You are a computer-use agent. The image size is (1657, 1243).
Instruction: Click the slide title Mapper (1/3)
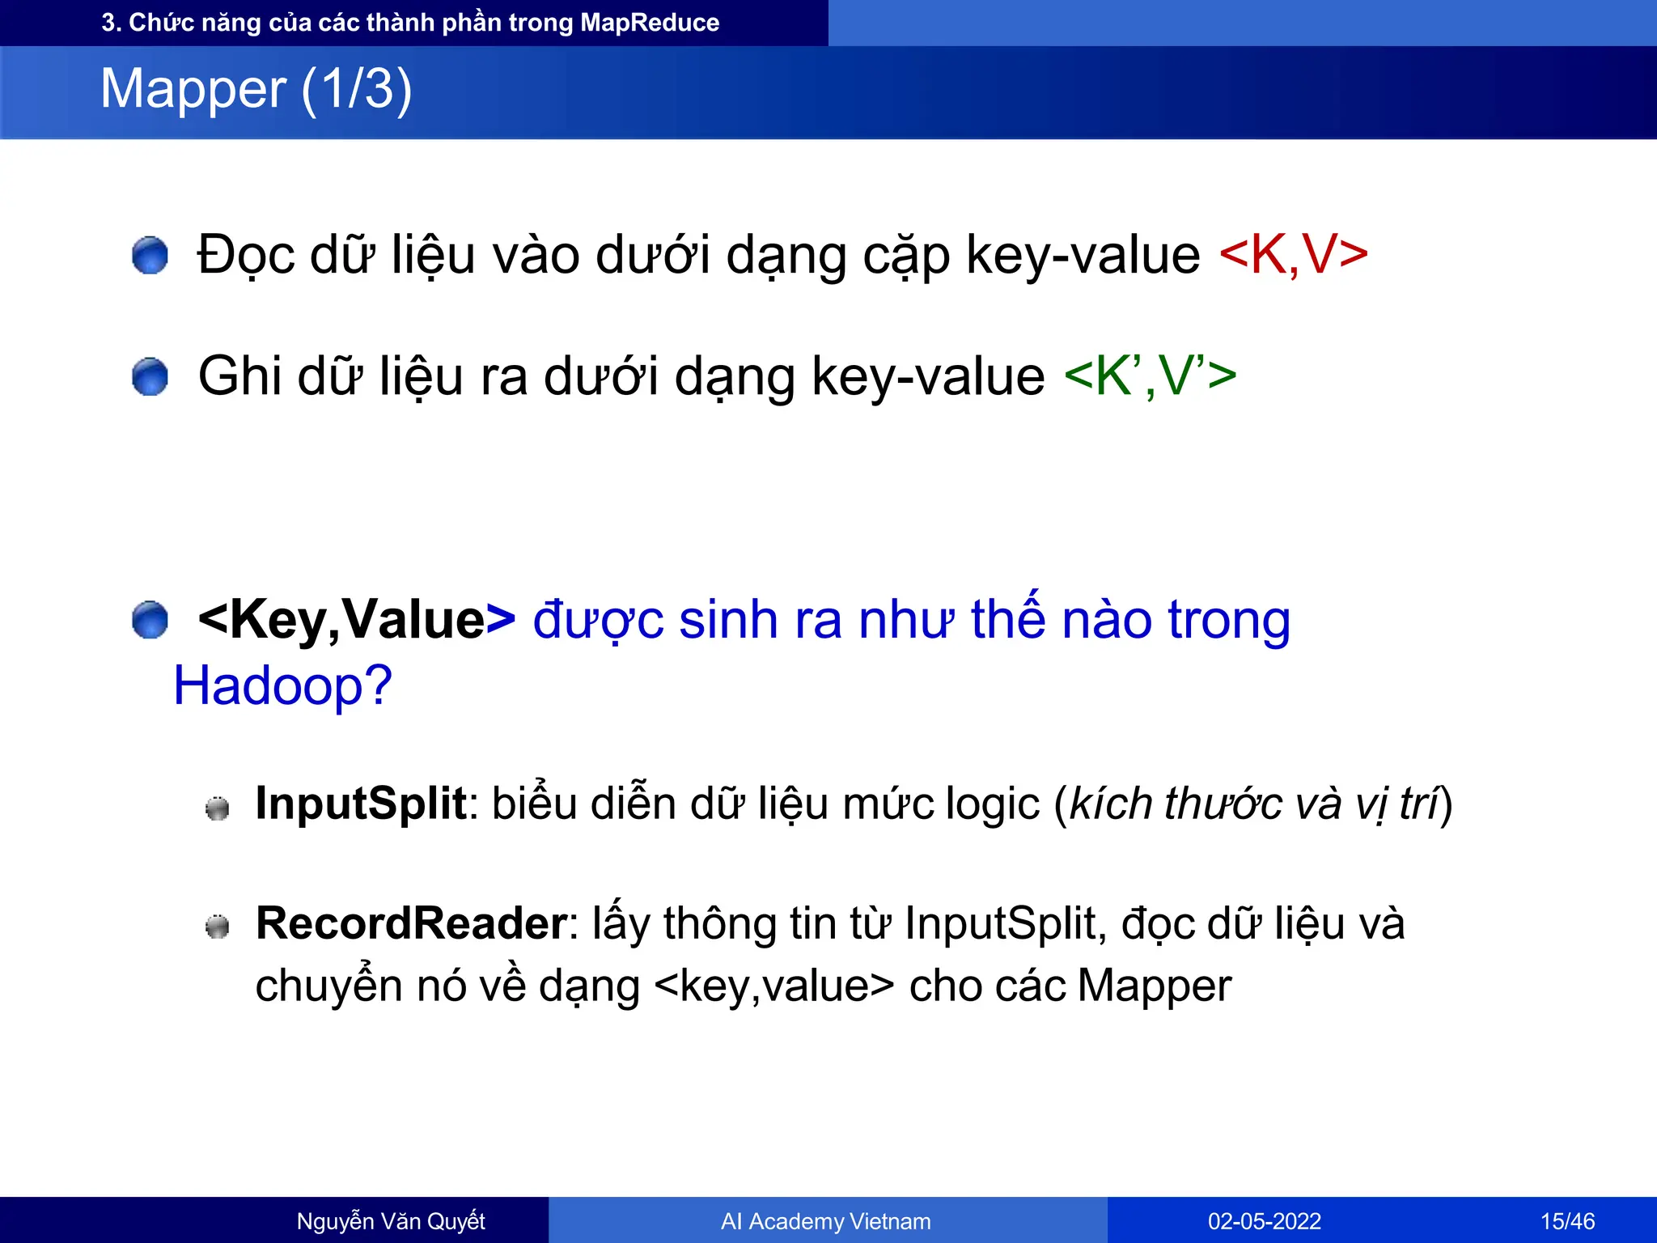click(x=256, y=89)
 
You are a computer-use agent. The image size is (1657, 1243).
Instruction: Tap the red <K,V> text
click(x=1292, y=255)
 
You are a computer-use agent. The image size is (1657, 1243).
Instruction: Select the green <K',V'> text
click(x=1150, y=376)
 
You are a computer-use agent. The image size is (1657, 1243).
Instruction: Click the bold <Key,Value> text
click(x=356, y=620)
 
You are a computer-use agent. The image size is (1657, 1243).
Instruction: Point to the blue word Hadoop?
click(x=282, y=686)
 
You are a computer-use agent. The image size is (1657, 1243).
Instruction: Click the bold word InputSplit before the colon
click(x=361, y=804)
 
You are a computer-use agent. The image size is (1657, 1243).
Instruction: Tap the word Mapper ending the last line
click(x=1155, y=986)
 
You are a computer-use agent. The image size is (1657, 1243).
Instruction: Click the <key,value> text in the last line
click(x=773, y=986)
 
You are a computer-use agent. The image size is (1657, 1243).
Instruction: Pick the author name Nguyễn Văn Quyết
click(x=391, y=1221)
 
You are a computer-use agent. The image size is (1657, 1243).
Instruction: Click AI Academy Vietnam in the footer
click(x=825, y=1221)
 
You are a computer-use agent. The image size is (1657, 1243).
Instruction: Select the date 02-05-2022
click(x=1264, y=1221)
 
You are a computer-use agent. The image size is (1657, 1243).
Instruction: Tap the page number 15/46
click(x=1567, y=1221)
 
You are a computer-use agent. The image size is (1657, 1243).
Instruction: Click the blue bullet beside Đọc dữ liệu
click(x=150, y=256)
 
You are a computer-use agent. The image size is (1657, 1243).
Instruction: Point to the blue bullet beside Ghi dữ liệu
click(x=150, y=377)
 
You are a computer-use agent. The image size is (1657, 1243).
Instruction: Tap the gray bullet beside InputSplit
click(x=217, y=808)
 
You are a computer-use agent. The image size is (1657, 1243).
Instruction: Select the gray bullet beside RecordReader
click(x=217, y=927)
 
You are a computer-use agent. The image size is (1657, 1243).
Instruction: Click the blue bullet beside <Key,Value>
click(x=150, y=621)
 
